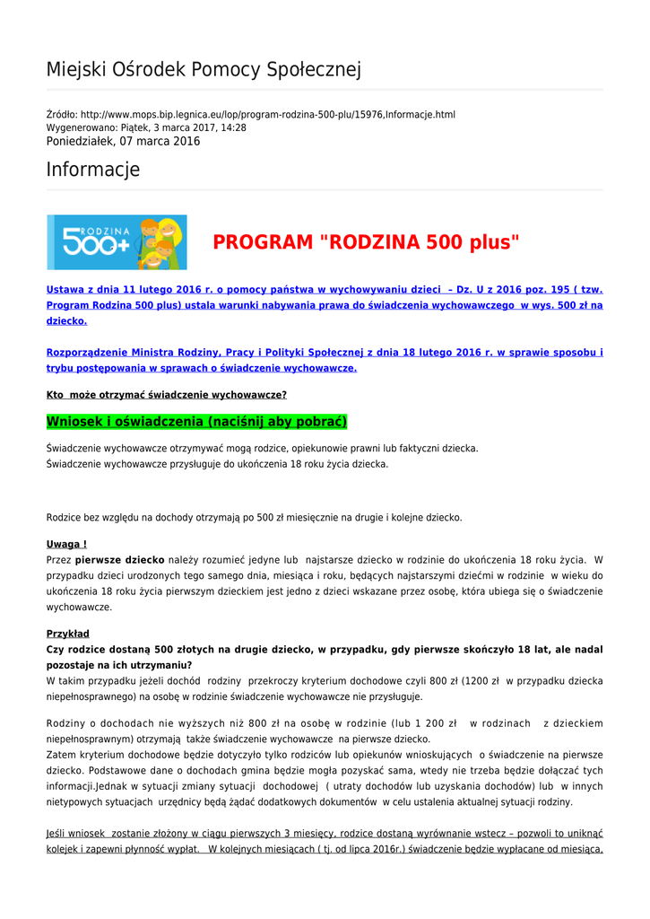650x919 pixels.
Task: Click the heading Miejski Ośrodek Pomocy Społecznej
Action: point(204,70)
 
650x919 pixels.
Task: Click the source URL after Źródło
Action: point(268,115)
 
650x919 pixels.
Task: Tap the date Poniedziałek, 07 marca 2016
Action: point(123,141)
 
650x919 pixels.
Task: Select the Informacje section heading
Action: point(93,170)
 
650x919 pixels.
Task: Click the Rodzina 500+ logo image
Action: point(117,242)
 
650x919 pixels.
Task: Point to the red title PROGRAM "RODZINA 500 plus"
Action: point(366,242)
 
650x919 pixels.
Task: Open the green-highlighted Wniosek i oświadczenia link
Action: point(196,422)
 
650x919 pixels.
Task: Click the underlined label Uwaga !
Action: point(66,544)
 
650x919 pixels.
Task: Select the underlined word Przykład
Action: point(68,634)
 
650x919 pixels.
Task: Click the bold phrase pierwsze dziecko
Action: point(119,559)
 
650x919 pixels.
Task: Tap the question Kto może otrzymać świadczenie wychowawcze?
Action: point(167,394)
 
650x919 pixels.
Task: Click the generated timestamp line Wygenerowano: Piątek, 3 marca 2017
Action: point(146,127)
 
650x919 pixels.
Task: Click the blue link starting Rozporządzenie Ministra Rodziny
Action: point(325,353)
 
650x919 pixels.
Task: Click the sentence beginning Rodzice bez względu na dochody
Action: point(255,517)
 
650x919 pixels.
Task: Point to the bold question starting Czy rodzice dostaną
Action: point(325,649)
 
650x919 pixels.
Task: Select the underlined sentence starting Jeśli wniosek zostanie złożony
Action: point(325,833)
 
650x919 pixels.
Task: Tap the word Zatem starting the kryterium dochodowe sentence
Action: point(61,755)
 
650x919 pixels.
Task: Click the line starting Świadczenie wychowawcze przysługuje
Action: point(217,464)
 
